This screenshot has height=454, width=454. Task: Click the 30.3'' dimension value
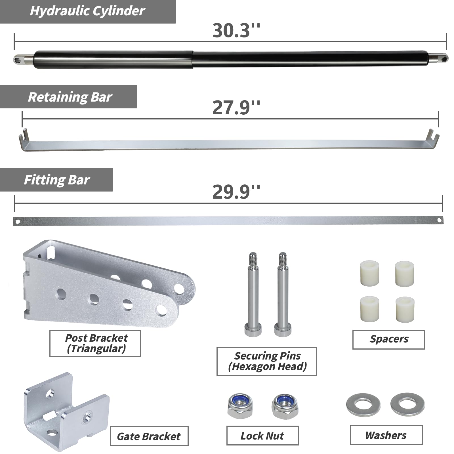pos(236,31)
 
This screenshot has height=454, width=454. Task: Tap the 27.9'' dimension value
pos(236,108)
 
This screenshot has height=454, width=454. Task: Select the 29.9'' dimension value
pos(236,192)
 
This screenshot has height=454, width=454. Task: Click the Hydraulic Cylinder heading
pos(87,11)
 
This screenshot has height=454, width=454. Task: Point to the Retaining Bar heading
pos(70,97)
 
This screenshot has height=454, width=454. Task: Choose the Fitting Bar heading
pos(57,180)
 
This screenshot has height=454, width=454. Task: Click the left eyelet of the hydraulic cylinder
pos(18,60)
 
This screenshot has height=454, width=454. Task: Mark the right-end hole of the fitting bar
pos(439,220)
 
